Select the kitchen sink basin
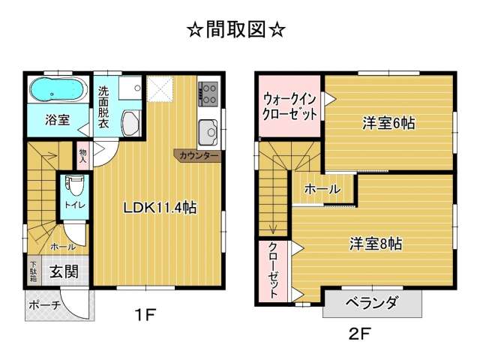[x=208, y=132]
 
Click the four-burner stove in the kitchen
[x=208, y=94]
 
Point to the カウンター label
[x=199, y=156]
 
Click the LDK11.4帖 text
[x=160, y=208]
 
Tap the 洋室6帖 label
[x=388, y=123]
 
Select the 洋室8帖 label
[x=376, y=244]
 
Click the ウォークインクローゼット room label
[x=289, y=107]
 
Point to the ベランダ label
[x=372, y=302]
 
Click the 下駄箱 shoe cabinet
[x=33, y=271]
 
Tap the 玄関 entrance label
[x=64, y=271]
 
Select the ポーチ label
[x=45, y=305]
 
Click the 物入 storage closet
[x=82, y=155]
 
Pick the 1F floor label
[x=145, y=315]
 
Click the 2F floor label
[x=360, y=334]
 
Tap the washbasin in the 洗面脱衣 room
[x=131, y=123]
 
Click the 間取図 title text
[x=236, y=30]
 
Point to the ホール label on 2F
[x=322, y=189]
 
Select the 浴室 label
[x=58, y=120]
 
